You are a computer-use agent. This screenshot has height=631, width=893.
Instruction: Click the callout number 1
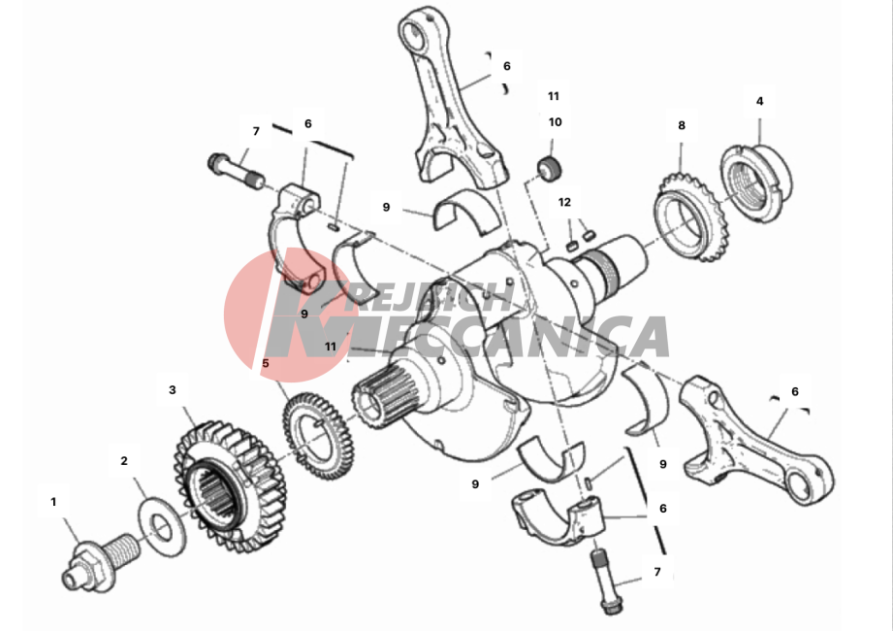[x=53, y=502]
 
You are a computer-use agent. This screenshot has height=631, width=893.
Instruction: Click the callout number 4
[x=760, y=102]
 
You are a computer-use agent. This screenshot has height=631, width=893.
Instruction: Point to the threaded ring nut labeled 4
[x=756, y=183]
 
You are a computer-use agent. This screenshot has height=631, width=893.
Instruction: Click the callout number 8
[x=682, y=125]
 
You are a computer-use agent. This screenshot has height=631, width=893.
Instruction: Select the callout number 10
[x=555, y=122]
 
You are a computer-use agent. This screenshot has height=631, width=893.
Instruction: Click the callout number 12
[x=564, y=202]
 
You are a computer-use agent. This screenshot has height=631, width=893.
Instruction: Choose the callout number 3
[x=173, y=390]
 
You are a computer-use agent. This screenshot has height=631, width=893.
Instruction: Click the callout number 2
[x=124, y=460]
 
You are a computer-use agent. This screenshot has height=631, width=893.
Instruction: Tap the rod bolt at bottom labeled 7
[x=605, y=581]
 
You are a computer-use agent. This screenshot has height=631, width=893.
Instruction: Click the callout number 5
[x=266, y=363]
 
